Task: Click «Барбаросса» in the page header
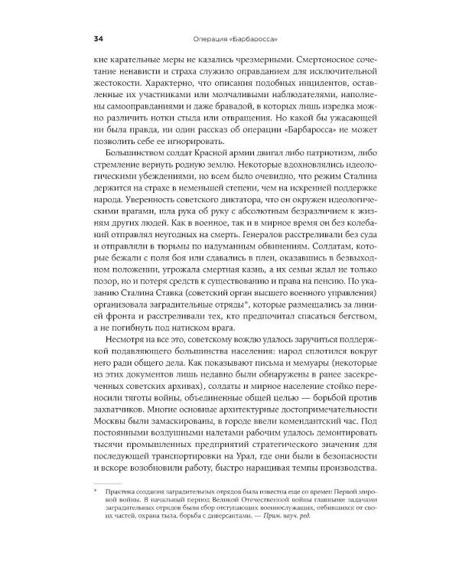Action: click(252, 39)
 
